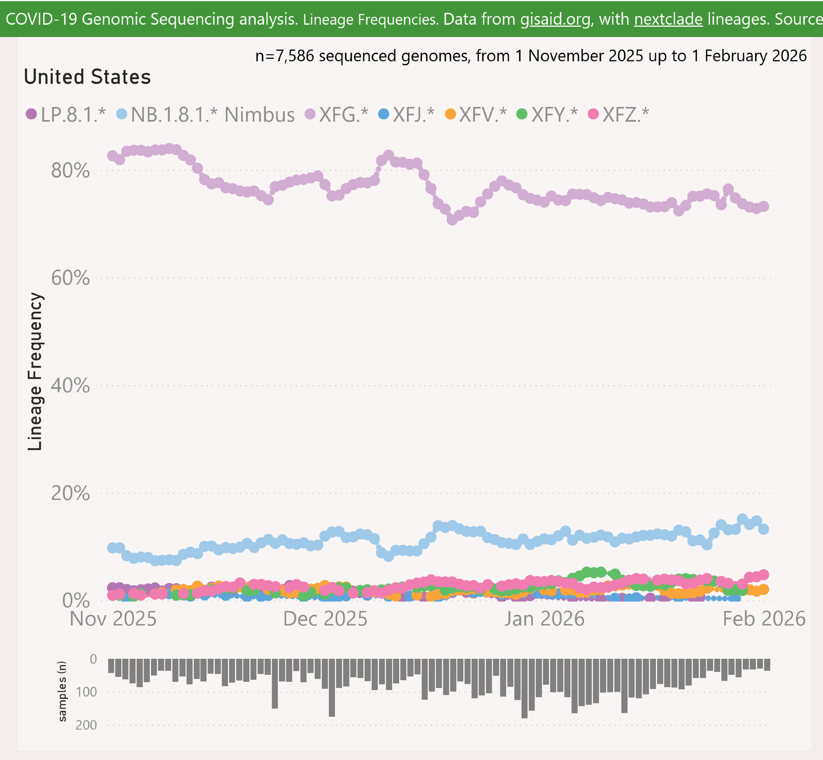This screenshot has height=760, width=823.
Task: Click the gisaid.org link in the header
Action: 555,19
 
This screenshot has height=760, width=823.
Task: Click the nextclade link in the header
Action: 668,19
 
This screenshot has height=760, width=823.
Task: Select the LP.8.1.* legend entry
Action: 66,114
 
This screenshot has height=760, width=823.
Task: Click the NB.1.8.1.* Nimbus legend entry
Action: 206,114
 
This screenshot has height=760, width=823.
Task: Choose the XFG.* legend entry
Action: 337,114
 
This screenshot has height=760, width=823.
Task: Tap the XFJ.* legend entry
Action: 407,114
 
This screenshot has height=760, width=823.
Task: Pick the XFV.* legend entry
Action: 476,114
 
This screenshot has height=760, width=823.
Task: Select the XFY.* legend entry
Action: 548,114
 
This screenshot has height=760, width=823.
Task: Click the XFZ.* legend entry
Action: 619,114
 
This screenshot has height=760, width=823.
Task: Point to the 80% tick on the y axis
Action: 70,170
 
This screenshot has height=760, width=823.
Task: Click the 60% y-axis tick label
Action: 70,278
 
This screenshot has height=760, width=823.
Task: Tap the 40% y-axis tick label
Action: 70,386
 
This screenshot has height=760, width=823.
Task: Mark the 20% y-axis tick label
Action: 70,493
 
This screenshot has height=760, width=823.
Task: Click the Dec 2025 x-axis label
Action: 325,619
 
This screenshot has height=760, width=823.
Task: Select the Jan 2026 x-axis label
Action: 544,619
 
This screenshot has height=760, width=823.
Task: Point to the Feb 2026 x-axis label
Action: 764,619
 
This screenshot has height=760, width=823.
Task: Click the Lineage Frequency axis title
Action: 35,372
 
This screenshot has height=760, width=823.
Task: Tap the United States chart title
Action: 87,77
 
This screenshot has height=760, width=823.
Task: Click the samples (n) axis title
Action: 62,691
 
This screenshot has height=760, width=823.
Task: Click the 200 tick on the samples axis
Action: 86,725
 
